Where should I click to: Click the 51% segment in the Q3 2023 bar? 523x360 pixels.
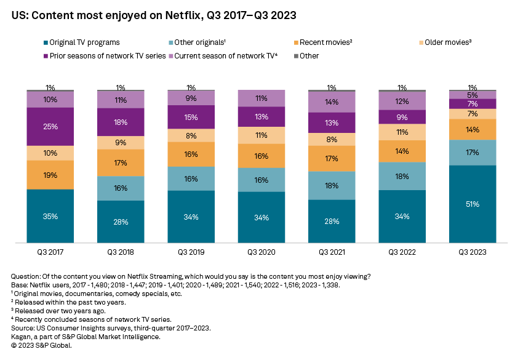click(473, 204)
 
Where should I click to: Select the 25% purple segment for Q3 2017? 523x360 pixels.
click(50, 127)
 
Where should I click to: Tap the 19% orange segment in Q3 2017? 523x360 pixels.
click(50, 175)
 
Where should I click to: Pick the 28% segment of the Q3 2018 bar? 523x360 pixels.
click(120, 222)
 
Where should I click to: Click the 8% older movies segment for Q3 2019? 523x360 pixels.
click(191, 136)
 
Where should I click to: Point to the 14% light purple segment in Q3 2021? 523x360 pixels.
click(332, 102)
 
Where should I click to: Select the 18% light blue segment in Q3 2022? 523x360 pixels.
click(402, 176)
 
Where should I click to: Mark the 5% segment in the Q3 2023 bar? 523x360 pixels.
click(473, 95)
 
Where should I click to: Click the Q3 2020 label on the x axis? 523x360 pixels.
click(261, 253)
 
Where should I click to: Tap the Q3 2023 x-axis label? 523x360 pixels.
click(473, 253)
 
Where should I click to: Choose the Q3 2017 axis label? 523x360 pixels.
click(50, 253)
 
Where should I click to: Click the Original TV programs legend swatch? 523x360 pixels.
click(46, 42)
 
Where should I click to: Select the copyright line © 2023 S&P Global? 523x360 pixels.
click(41, 345)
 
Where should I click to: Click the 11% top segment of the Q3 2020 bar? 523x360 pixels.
click(261, 98)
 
